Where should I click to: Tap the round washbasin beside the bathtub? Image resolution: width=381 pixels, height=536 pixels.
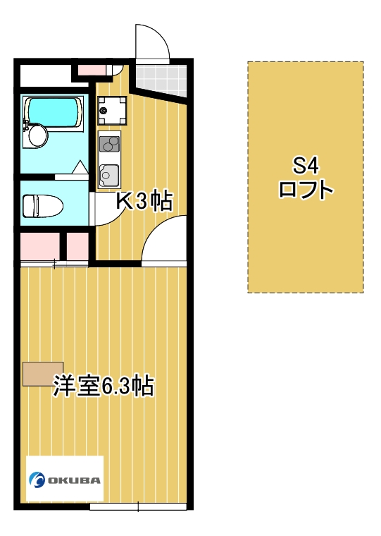[x=35, y=135]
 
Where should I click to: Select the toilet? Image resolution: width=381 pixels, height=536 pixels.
[x=42, y=206]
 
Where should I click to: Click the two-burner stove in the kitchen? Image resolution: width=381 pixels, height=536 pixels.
[x=109, y=144]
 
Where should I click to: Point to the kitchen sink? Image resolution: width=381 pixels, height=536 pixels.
[x=109, y=172]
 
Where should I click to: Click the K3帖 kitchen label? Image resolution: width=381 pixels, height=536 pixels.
[x=144, y=202]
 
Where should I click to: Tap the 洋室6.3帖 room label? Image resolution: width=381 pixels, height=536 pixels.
[x=104, y=386]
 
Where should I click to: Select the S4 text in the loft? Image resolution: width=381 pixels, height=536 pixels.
[x=306, y=166]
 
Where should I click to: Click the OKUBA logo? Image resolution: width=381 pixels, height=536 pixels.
[x=65, y=479]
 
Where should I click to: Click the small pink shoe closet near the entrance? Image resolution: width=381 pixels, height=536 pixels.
[x=91, y=69]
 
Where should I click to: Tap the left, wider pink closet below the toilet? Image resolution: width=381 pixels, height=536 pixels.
[x=39, y=245]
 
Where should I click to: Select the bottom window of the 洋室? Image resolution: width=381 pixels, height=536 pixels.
[x=138, y=506]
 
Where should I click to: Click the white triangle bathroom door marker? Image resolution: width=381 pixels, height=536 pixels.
[x=80, y=168]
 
